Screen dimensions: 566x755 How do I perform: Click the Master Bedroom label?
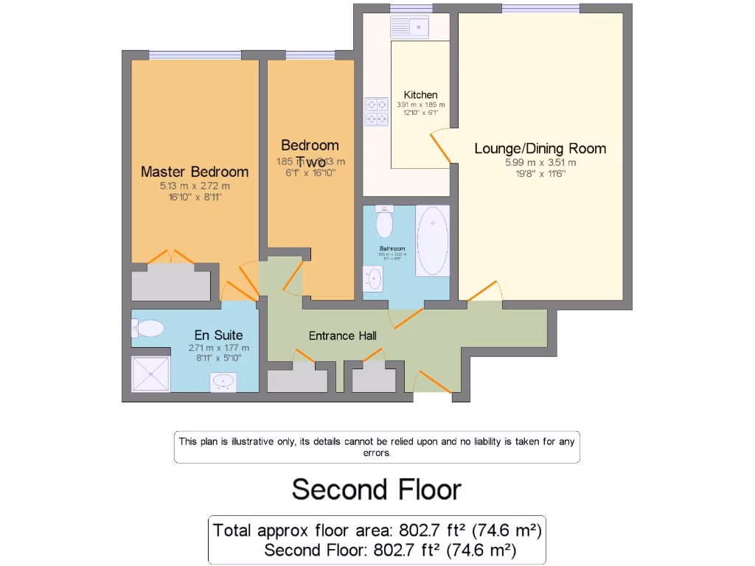[x=195, y=172]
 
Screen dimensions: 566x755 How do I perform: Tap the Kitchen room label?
[x=420, y=95]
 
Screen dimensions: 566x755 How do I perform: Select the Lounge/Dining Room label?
[x=540, y=148]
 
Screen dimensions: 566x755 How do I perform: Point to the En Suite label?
[x=218, y=335]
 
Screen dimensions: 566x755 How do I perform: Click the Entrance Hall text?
[x=342, y=336]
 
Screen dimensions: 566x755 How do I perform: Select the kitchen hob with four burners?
[x=377, y=111]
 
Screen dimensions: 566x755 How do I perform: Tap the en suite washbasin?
[x=223, y=381]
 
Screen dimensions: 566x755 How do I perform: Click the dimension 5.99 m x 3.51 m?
[x=540, y=163]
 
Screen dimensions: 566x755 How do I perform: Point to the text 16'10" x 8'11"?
[x=195, y=198]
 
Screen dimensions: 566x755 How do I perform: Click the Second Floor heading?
[x=377, y=489]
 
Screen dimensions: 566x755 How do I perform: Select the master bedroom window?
[x=195, y=54]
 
